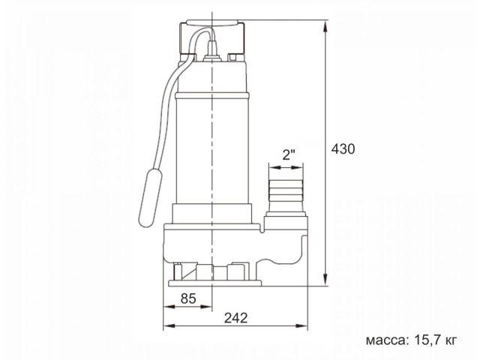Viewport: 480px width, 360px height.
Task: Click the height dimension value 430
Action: [343, 148]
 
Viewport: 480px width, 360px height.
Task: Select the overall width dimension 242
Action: [235, 317]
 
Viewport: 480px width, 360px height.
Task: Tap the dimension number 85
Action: [189, 298]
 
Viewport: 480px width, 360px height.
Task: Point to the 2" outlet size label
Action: [288, 155]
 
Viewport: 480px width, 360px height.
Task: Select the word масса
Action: [387, 340]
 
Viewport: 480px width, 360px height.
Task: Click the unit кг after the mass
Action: [450, 340]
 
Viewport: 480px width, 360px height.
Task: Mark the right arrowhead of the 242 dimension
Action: [304, 326]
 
